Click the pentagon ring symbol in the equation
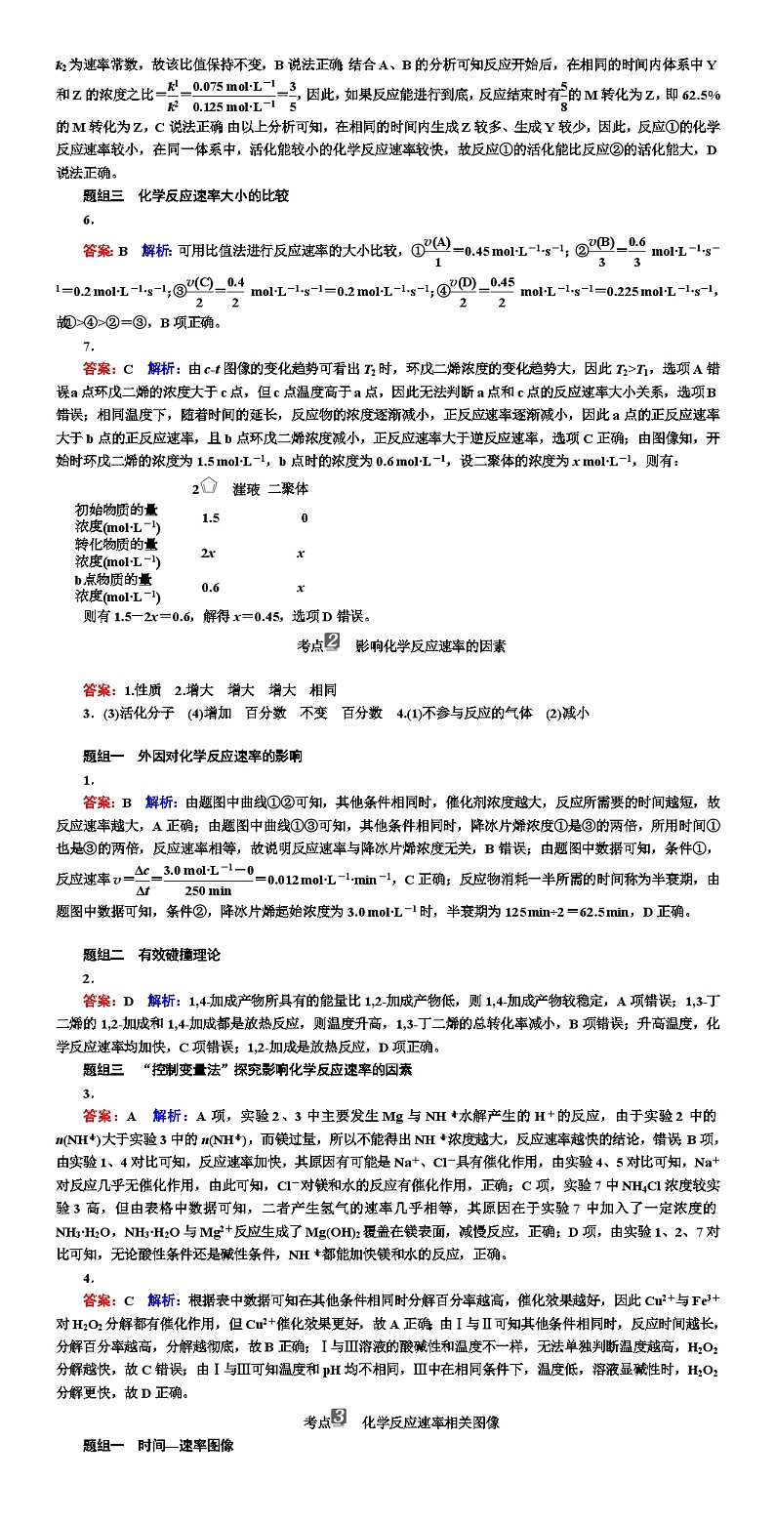tap(208, 487)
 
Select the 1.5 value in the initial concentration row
tap(210, 518)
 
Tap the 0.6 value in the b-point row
tap(210, 588)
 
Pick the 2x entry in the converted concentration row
tap(208, 554)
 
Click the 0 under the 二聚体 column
tap(304, 518)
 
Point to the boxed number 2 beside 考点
tap(332, 642)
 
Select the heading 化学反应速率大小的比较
tap(212, 195)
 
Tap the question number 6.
tap(88, 220)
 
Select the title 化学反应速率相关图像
tap(430, 1422)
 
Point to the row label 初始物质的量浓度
tap(118, 517)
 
